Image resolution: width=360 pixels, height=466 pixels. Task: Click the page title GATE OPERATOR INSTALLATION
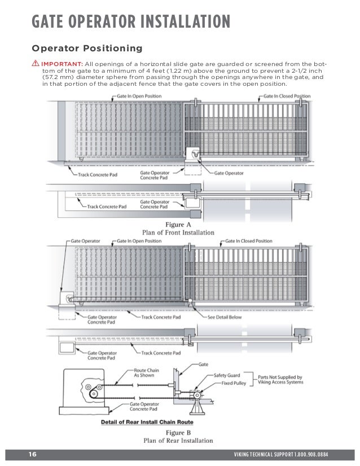[130, 21]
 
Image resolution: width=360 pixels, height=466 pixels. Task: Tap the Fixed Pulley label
[231, 383]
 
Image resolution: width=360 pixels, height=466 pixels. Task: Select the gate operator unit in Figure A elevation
[192, 154]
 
